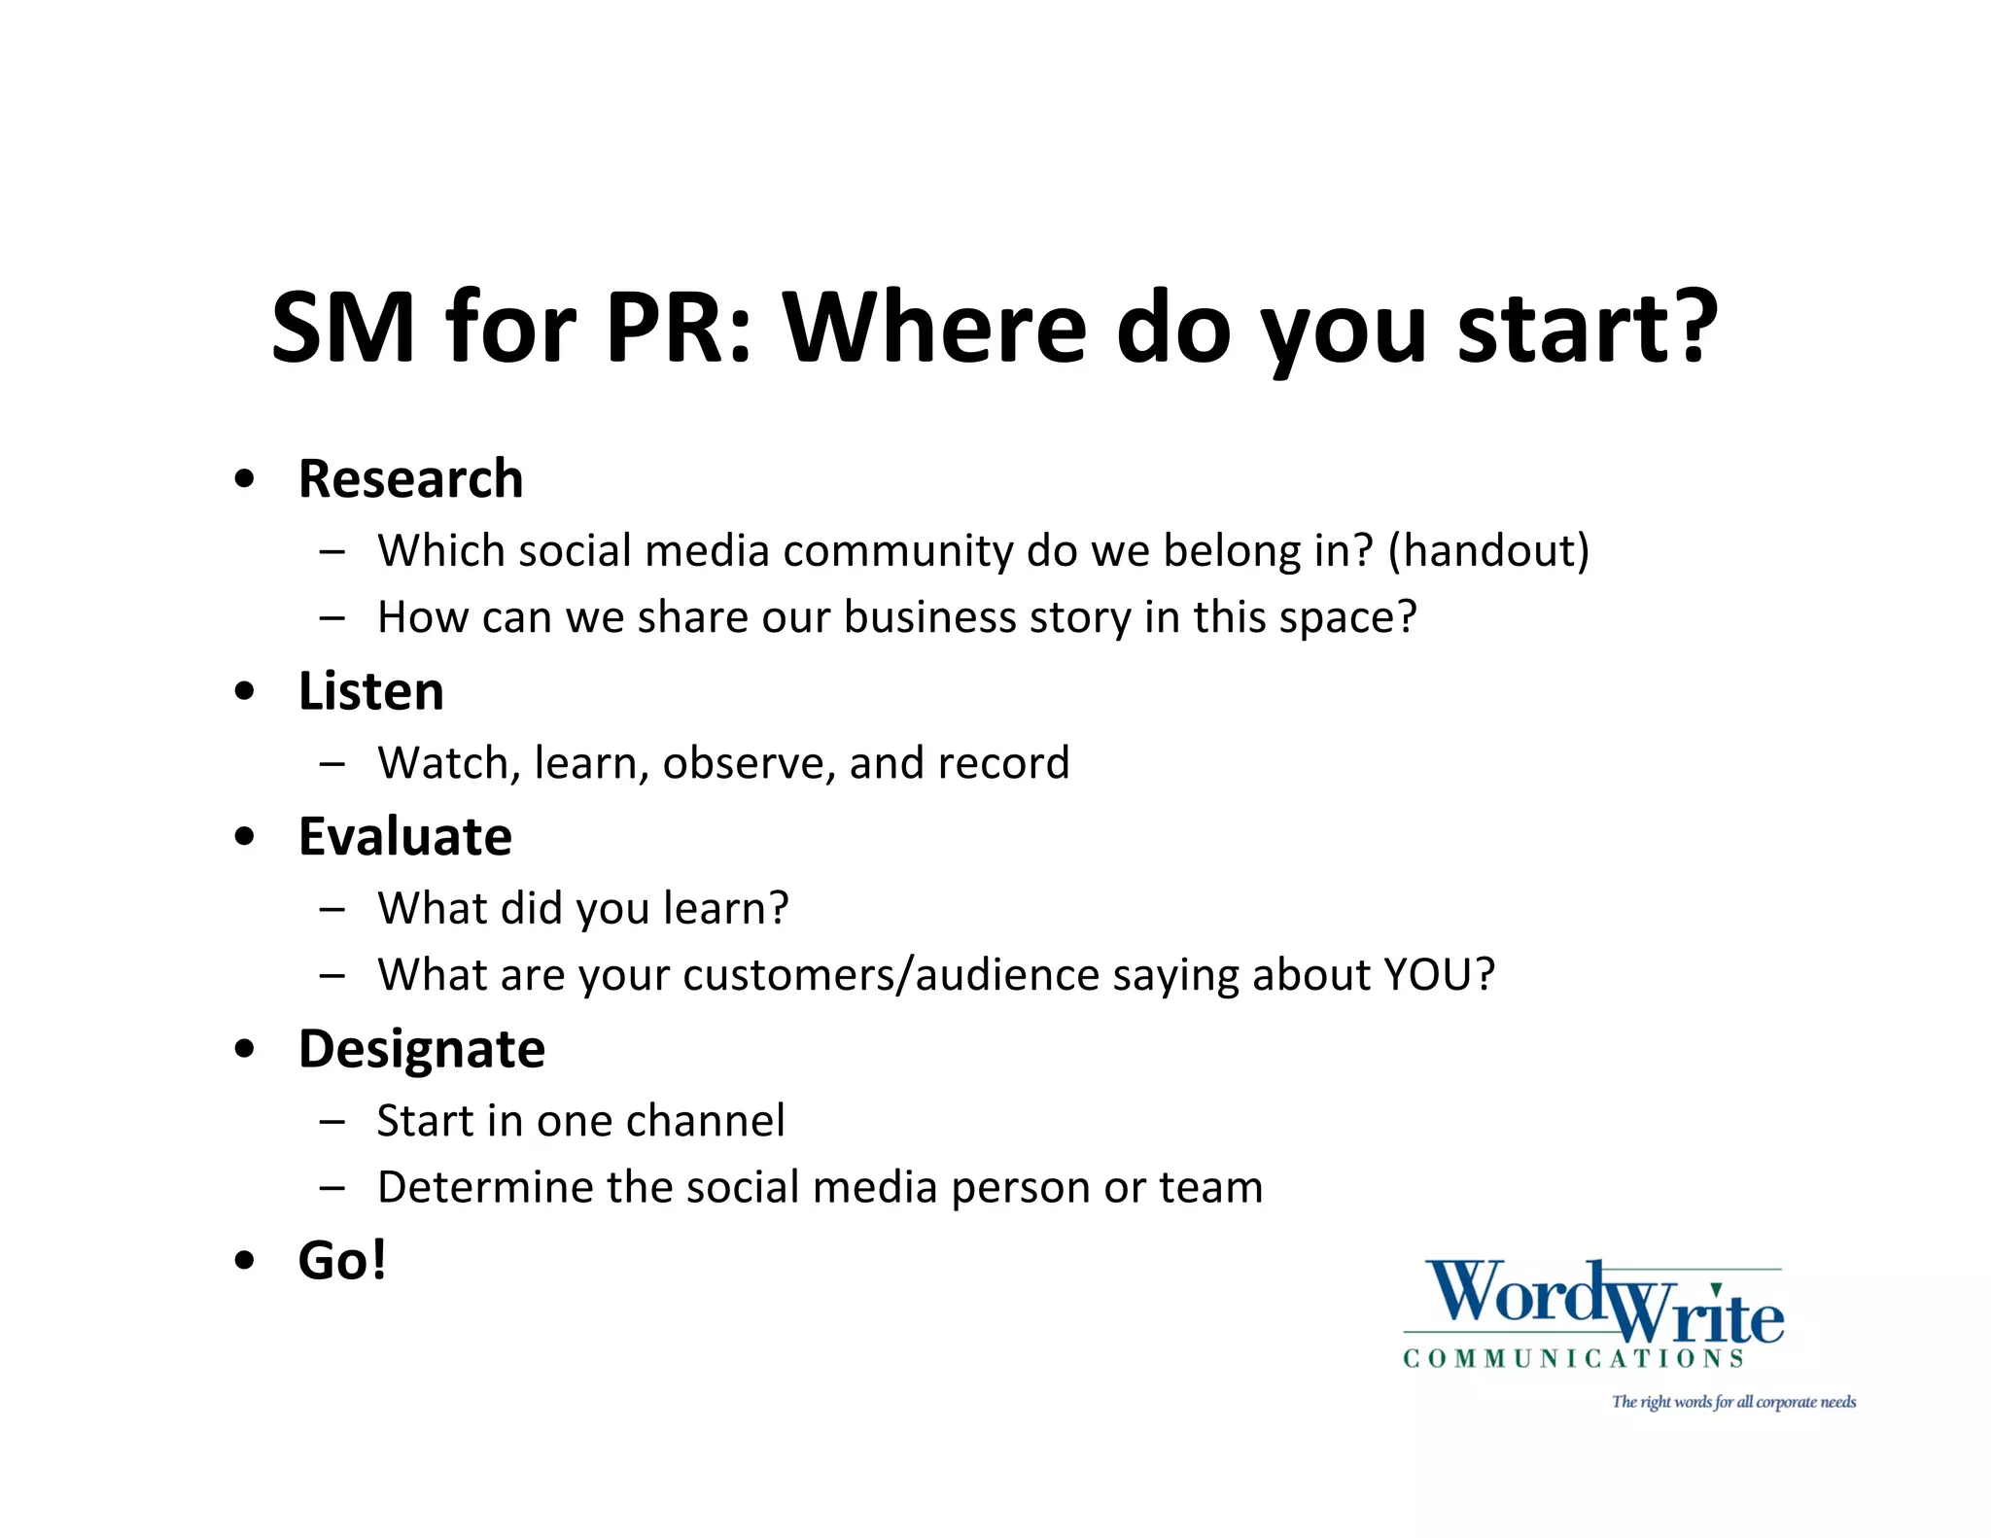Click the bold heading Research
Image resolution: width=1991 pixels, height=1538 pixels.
410,479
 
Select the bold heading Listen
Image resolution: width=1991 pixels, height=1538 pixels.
370,691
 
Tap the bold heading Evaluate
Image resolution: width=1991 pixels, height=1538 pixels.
404,836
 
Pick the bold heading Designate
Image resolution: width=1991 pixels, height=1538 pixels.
421,1049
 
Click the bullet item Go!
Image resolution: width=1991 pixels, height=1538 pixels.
342,1260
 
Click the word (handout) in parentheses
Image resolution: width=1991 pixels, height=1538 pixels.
1488,550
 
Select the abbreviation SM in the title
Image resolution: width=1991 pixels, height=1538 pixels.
342,328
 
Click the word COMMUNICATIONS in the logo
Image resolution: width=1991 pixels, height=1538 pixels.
1573,1358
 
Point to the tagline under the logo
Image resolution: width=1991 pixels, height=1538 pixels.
1733,1402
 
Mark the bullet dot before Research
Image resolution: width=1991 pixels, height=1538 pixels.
245,479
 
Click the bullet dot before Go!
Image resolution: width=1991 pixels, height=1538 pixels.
245,1261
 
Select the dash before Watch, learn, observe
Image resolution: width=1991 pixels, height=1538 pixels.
332,763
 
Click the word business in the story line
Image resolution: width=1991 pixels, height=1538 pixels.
929,617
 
